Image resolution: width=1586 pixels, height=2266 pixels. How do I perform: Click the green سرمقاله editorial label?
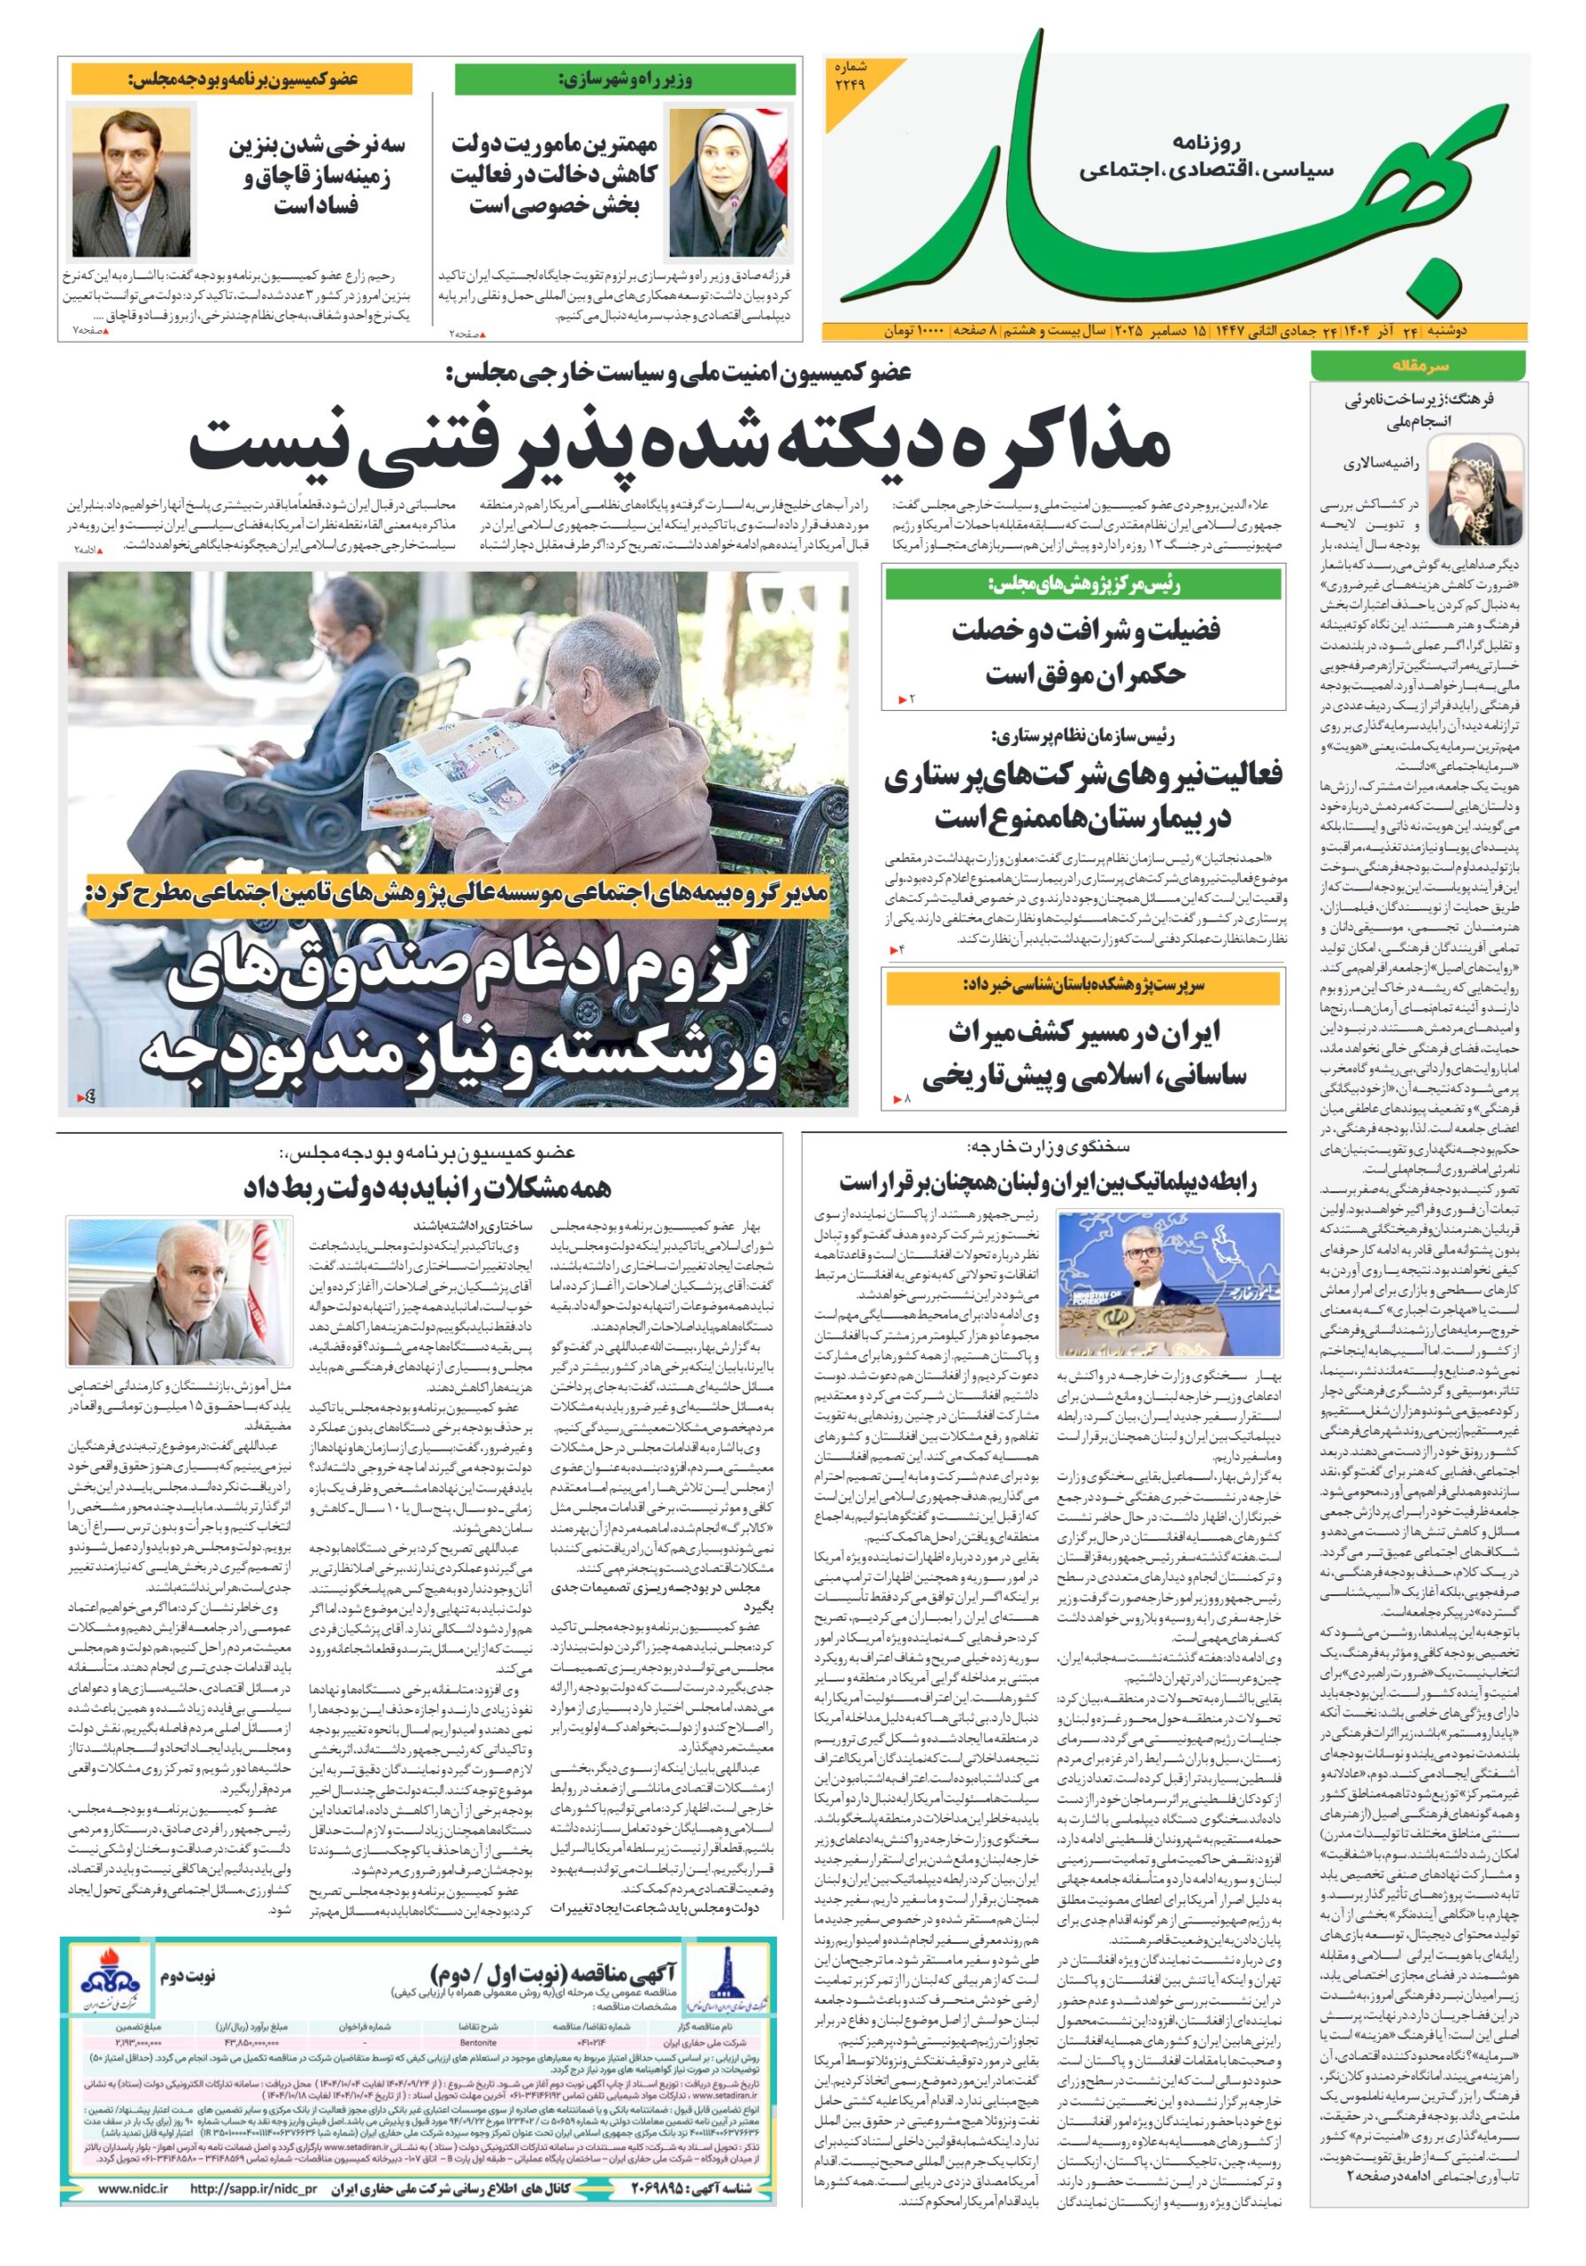pos(1417,366)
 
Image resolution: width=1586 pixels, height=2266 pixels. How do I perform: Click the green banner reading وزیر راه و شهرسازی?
pos(625,80)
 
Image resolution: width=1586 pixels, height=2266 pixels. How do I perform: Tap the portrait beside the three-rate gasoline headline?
pos(131,182)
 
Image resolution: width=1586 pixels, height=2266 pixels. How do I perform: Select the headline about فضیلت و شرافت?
pos(1083,652)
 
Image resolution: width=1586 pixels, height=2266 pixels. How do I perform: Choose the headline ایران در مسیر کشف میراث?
pos(1083,1054)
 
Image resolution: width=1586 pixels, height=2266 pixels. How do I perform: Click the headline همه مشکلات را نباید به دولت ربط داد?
pos(427,1187)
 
